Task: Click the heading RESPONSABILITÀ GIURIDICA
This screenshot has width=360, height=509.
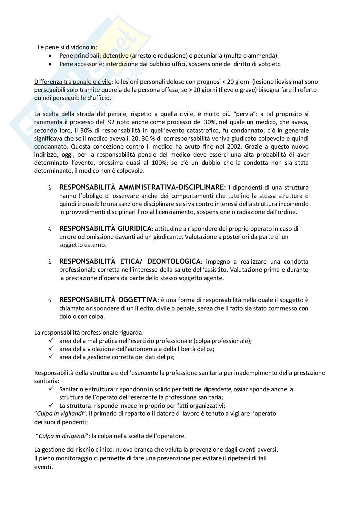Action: [x=105, y=229]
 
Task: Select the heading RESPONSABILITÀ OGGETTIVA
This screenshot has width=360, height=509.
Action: [x=109, y=300]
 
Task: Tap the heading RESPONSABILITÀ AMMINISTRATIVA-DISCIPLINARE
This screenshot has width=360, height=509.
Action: [x=143, y=187]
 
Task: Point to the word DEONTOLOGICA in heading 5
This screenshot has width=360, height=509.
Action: [x=174, y=261]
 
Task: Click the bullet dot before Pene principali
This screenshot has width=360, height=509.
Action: [x=50, y=56]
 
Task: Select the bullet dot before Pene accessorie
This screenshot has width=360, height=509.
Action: [x=50, y=64]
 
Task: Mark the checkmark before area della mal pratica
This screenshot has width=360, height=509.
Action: [x=51, y=340]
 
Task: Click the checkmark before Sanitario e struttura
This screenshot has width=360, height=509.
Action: [x=51, y=389]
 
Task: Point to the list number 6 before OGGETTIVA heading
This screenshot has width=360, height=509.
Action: [x=50, y=300]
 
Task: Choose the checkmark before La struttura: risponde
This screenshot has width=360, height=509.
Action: [x=51, y=405]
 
